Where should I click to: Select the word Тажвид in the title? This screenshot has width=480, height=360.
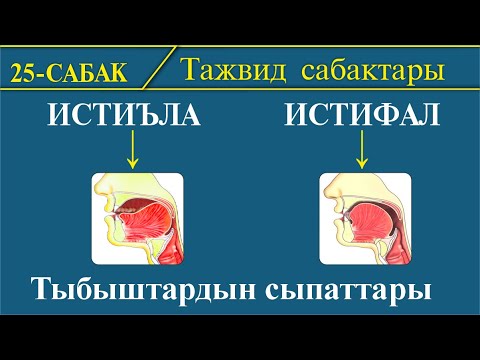click(x=234, y=71)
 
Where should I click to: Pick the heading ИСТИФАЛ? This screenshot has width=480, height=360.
click(x=361, y=118)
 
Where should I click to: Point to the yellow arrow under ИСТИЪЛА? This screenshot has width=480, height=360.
click(x=132, y=150)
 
